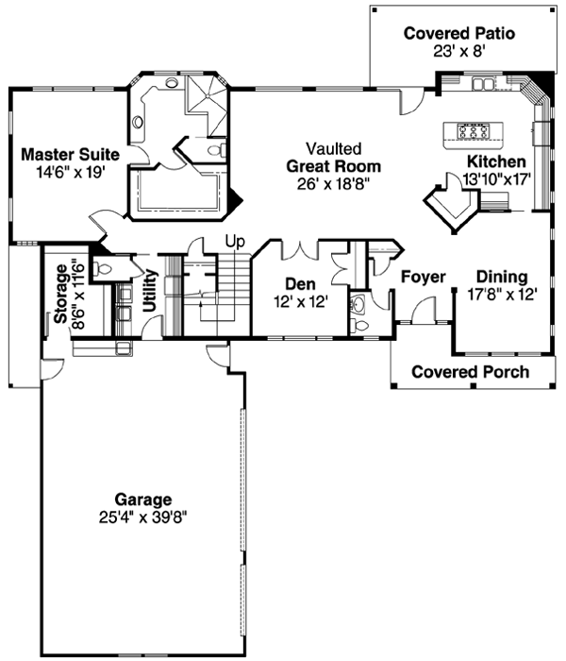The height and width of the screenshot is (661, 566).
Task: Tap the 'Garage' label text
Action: (143, 499)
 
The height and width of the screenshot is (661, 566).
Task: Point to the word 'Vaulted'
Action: (326, 148)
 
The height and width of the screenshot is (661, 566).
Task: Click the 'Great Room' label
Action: (326, 165)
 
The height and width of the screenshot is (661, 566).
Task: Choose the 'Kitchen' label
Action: (489, 161)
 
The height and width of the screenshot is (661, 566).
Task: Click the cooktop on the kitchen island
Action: (472, 130)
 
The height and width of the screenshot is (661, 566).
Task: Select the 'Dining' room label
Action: (500, 277)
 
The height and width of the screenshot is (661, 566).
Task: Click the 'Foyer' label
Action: (423, 277)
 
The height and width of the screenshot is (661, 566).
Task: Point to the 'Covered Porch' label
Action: (470, 372)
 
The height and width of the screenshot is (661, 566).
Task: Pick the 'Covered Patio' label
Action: (458, 34)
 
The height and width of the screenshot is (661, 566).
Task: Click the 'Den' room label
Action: (299, 283)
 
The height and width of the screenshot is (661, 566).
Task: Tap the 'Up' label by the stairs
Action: (234, 242)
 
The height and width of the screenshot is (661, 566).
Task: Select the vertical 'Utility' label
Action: (148, 291)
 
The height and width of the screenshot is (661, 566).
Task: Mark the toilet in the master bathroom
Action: (216, 150)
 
